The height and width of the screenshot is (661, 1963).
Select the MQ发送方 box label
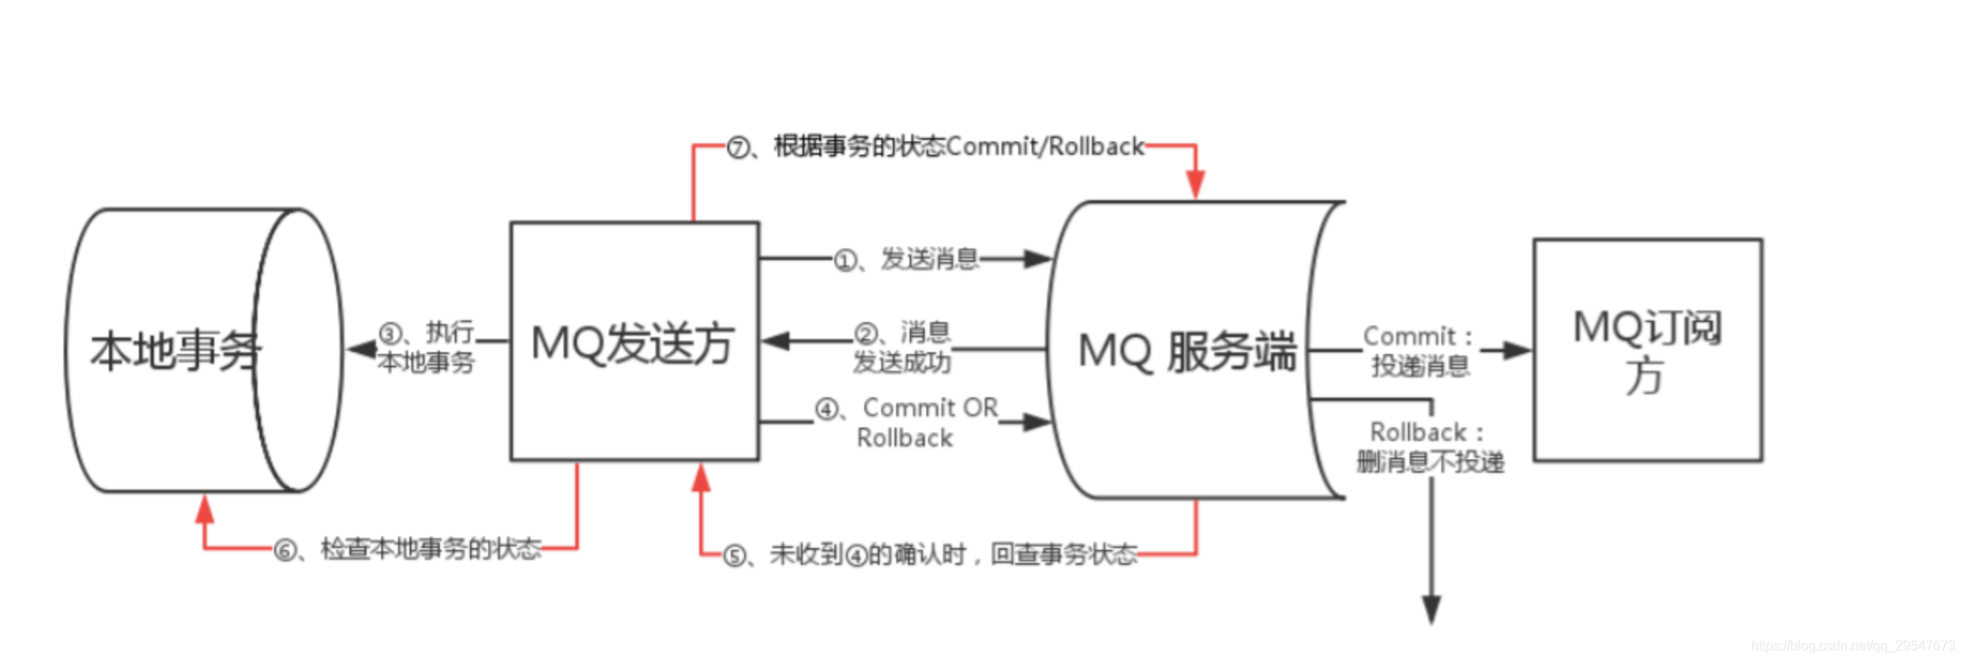pos(633,343)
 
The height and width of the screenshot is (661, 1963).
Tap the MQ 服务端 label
pos(1186,351)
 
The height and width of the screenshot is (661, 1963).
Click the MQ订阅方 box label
pos(1647,351)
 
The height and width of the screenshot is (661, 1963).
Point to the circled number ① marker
pos(845,261)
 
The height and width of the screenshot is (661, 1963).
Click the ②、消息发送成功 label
pos(902,347)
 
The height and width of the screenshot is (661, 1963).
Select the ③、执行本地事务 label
pos(426,347)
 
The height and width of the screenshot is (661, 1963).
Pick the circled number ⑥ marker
pos(286,551)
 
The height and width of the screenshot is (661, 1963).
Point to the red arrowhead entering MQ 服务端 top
pos(1196,183)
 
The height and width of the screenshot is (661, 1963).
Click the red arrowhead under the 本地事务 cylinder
pos(205,509)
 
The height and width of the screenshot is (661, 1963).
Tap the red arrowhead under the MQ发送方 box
pos(701,478)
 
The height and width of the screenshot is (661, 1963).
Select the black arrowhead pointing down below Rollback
pos(1431,608)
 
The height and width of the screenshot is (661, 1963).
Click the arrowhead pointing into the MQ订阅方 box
pos(1517,351)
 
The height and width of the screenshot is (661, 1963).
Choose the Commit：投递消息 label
pos(1420,351)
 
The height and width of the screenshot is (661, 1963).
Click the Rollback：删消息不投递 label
pos(1430,447)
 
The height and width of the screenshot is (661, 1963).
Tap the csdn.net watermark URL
pos(1853,645)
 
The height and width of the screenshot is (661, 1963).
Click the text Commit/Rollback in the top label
pos(1045,146)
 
